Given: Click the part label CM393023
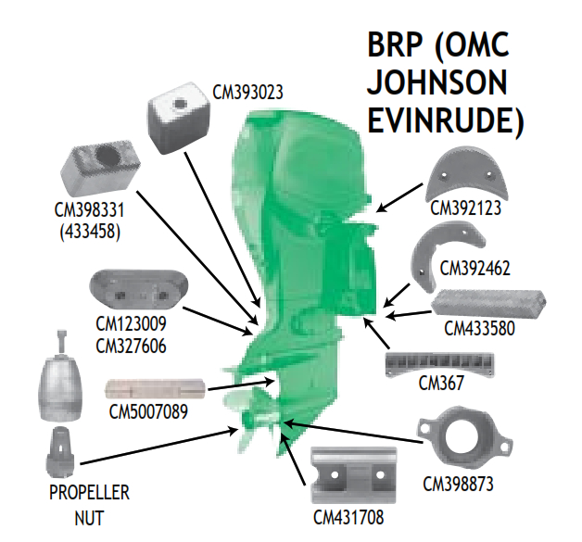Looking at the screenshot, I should click(x=247, y=93).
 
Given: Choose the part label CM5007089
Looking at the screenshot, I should click(x=149, y=410).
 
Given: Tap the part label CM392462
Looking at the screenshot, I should click(x=476, y=269).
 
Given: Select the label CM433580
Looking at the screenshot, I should click(x=481, y=328).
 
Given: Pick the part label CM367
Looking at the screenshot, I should click(x=440, y=382).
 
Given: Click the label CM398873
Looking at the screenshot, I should click(x=458, y=483).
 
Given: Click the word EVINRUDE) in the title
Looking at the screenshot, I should click(x=446, y=120).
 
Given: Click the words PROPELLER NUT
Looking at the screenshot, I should click(x=89, y=505).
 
